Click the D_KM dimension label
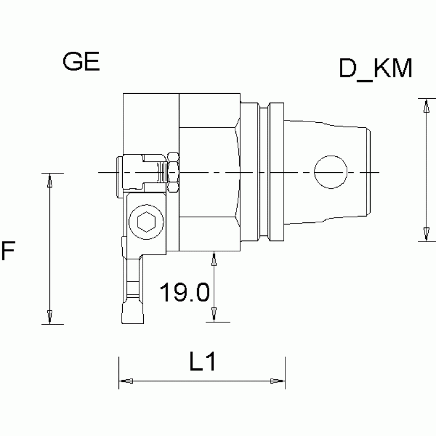click(x=375, y=69)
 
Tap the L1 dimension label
click(x=202, y=362)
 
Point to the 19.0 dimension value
click(x=184, y=293)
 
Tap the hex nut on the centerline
click(x=173, y=172)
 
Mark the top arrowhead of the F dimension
click(x=50, y=180)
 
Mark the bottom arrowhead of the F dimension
click(x=50, y=317)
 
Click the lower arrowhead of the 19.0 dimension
click(x=214, y=315)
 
